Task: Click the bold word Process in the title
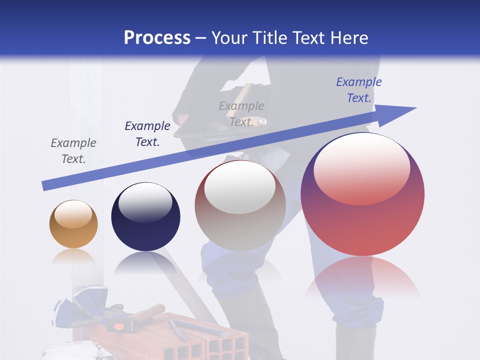(157, 38)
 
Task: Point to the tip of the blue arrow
(415, 108)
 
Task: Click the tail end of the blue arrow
(44, 186)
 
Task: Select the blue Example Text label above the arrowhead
(358, 90)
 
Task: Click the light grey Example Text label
(241, 114)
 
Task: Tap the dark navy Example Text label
(147, 134)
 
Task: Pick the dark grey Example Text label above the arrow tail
(73, 151)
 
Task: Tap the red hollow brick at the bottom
(210, 340)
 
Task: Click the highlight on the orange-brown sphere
(73, 213)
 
